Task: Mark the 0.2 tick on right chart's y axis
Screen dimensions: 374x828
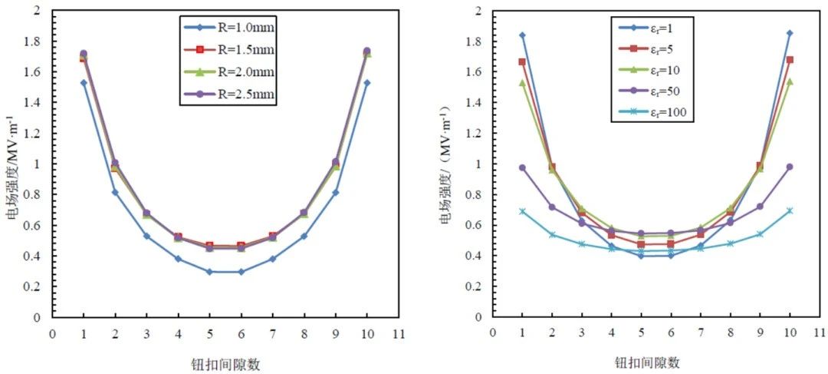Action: click(x=476, y=286)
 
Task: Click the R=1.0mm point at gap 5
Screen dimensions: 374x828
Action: click(x=209, y=272)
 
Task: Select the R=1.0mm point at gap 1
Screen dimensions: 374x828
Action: click(x=84, y=83)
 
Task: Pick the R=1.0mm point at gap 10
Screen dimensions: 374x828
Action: click(x=366, y=83)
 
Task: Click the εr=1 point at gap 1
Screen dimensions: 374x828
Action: click(x=522, y=35)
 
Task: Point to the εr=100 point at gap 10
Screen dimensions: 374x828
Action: click(x=790, y=210)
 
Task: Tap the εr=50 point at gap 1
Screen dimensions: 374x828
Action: click(x=522, y=167)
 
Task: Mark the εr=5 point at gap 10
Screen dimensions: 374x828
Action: click(x=790, y=60)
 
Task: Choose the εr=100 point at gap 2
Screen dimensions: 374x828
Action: click(x=552, y=235)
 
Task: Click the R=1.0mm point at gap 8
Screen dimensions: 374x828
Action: click(x=304, y=236)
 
